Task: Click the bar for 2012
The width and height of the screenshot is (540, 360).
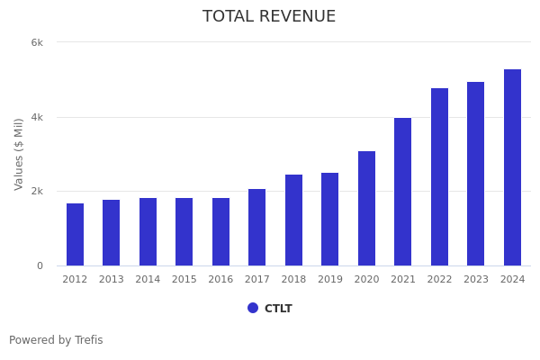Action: point(75,235)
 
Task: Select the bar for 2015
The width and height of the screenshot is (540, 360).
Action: point(184,232)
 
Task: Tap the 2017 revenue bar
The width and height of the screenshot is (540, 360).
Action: point(256,228)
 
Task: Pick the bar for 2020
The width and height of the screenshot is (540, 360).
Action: point(366,209)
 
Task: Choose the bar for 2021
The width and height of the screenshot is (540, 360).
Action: point(402,192)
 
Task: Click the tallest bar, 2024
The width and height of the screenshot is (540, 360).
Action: point(512,167)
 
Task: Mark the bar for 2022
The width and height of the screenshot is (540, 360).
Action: point(439,177)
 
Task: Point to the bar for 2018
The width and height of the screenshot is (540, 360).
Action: point(293,220)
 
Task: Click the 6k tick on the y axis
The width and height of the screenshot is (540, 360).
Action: point(37,42)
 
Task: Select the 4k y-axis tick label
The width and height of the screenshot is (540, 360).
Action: point(37,117)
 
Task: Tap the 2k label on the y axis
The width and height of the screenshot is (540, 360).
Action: point(37,192)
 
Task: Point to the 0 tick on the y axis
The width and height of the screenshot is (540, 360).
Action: point(40,265)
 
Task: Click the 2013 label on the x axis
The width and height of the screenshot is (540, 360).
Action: point(111,280)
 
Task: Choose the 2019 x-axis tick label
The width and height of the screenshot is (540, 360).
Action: point(330,280)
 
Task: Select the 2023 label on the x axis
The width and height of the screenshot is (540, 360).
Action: point(476,280)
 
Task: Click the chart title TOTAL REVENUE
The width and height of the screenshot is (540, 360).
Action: point(269,17)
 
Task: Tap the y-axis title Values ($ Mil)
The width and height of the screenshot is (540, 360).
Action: point(19,154)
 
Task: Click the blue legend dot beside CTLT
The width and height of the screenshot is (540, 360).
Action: point(253,308)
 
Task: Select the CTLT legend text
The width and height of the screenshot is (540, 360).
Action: point(278,309)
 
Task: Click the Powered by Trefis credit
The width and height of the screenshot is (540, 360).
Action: point(56,340)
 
